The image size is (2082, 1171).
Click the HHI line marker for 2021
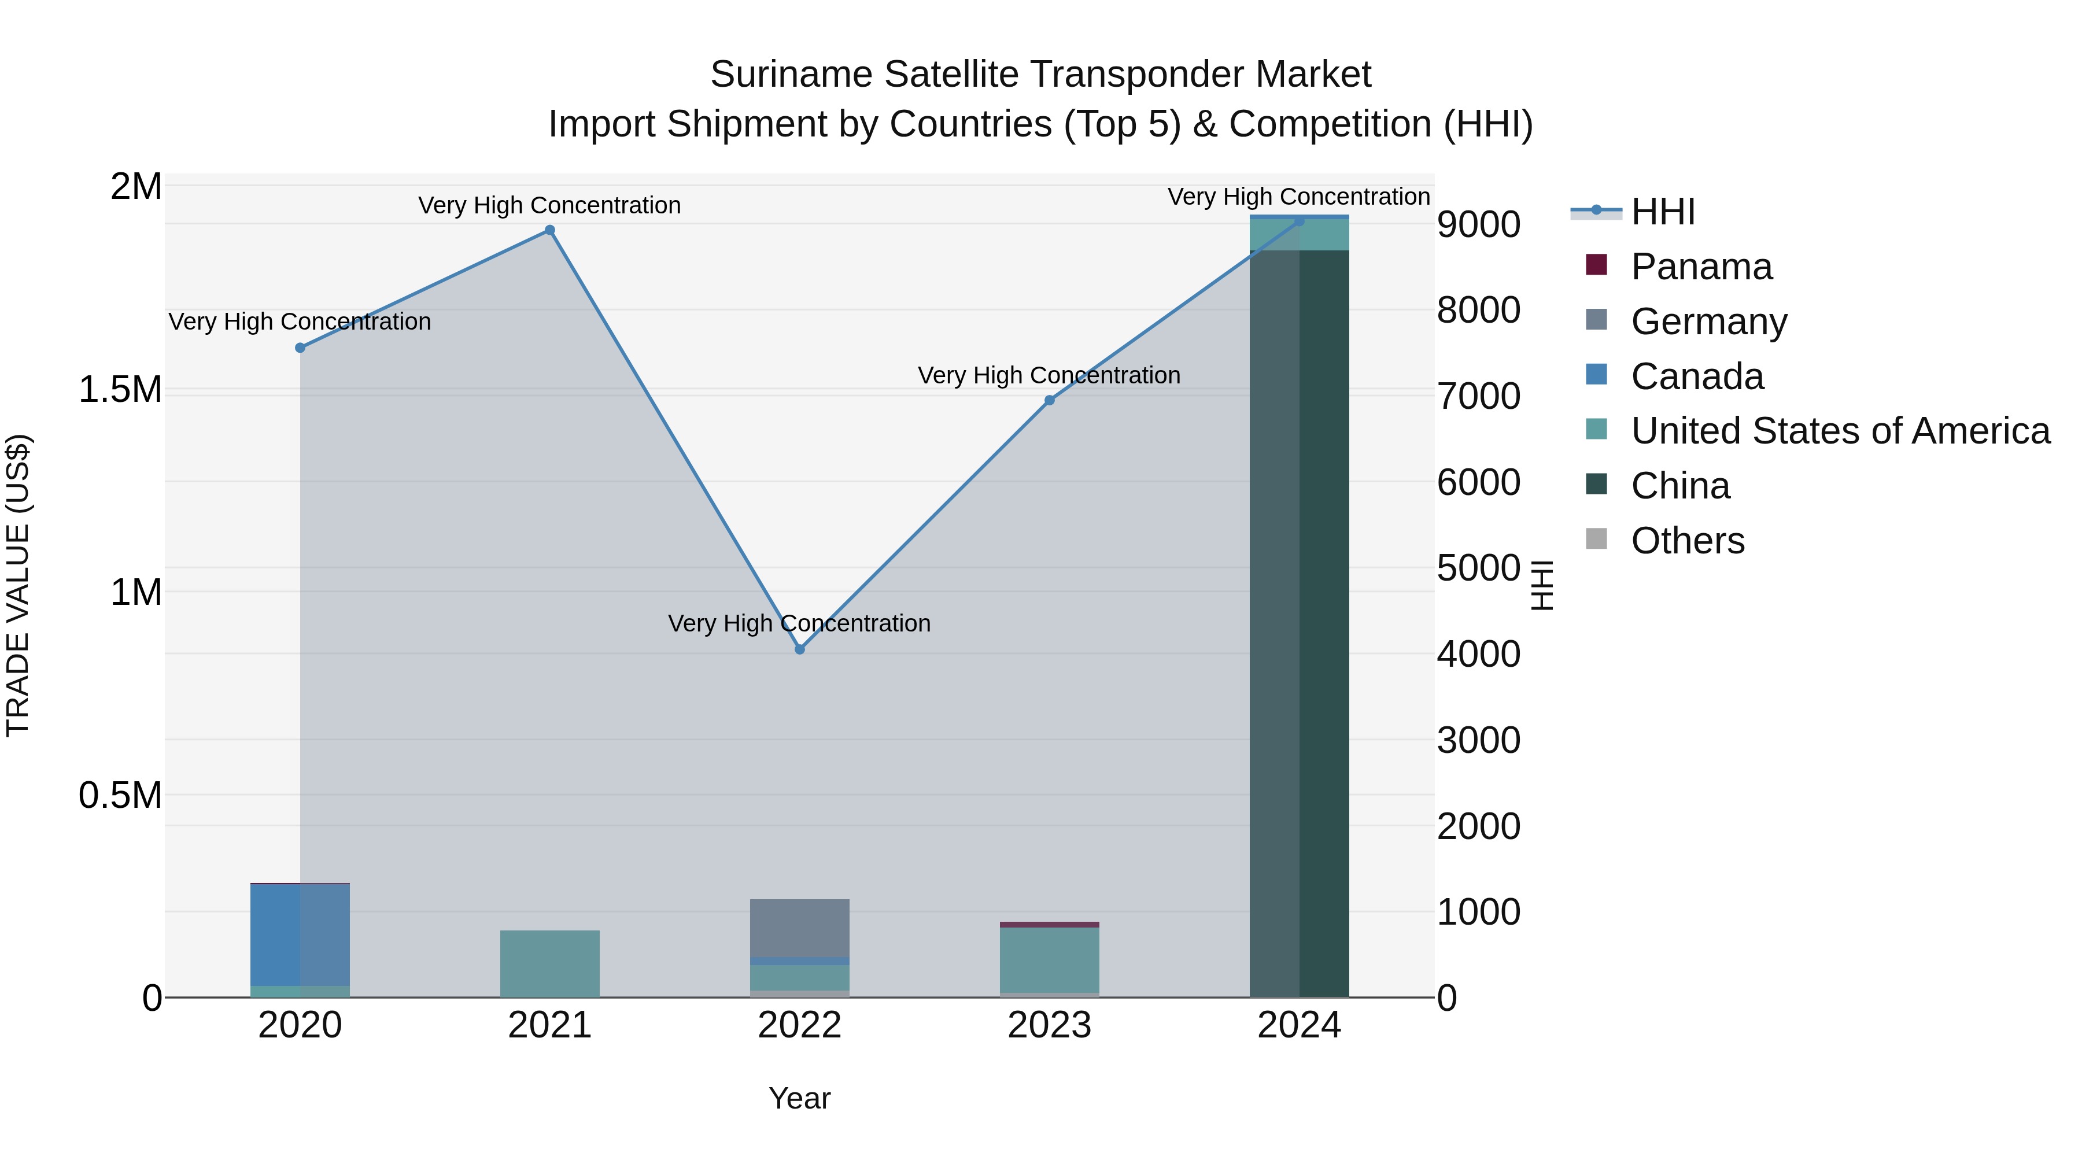click(549, 230)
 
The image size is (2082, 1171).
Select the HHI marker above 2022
click(799, 649)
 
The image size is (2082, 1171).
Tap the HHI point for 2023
click(1049, 400)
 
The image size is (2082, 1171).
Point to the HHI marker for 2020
click(300, 348)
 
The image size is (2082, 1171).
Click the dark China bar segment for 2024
click(1299, 622)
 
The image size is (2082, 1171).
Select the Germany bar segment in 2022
click(799, 928)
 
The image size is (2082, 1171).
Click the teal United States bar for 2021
click(549, 963)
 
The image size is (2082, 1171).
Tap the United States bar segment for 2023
click(1049, 960)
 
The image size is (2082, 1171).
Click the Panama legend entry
click(1700, 267)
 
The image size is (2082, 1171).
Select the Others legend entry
click(1687, 541)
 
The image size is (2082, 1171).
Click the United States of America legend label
click(1840, 431)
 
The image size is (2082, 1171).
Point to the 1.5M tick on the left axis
click(120, 390)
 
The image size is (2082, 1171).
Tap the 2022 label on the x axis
click(799, 1025)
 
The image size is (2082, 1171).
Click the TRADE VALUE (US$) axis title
click(18, 585)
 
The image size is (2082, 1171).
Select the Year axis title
click(799, 1098)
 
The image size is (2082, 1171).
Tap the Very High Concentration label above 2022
click(799, 623)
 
